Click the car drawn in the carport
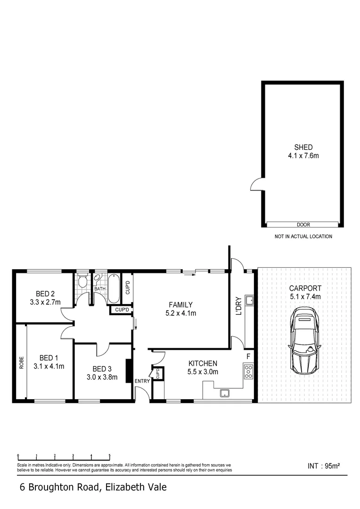pyautogui.click(x=305, y=341)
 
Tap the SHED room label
pyautogui.click(x=303, y=147)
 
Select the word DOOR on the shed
pyautogui.click(x=303, y=225)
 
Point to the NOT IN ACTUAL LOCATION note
pyautogui.click(x=303, y=237)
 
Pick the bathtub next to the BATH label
pyautogui.click(x=114, y=289)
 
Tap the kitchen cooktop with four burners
pyautogui.click(x=248, y=372)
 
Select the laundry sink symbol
pyautogui.click(x=249, y=301)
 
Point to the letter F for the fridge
pyautogui.click(x=248, y=356)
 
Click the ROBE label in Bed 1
pyautogui.click(x=22, y=362)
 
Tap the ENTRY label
pyautogui.click(x=142, y=381)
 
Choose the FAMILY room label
pyautogui.click(x=180, y=305)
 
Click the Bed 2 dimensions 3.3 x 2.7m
pyautogui.click(x=45, y=302)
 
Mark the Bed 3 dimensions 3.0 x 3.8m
pyautogui.click(x=102, y=377)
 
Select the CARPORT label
pyautogui.click(x=305, y=288)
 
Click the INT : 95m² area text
pyautogui.click(x=324, y=466)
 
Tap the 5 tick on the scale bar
pyautogui.click(x=110, y=455)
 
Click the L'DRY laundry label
pyautogui.click(x=238, y=306)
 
